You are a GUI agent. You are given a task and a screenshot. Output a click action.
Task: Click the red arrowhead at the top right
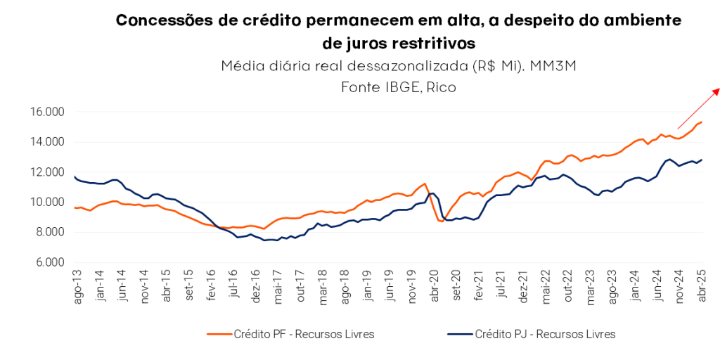716,90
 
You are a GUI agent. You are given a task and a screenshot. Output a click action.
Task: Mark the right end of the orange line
701,122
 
